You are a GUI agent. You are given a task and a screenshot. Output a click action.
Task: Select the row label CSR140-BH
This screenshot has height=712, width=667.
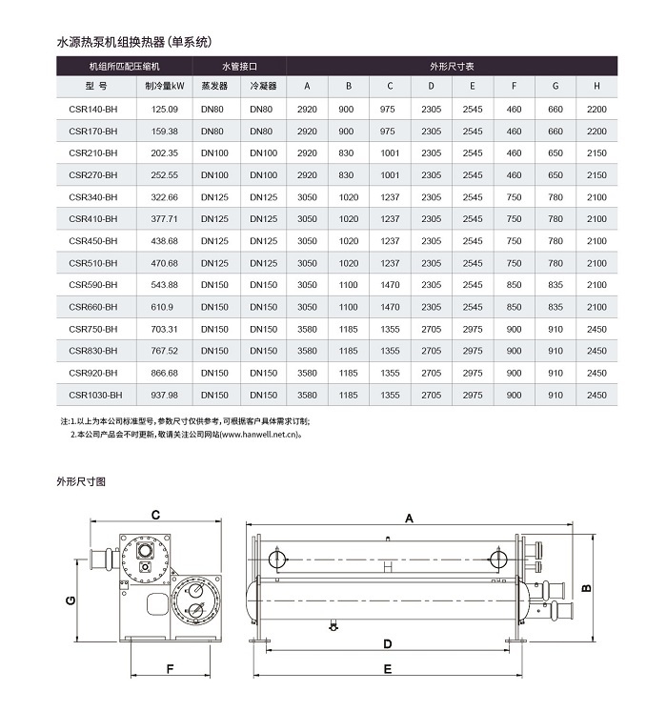point(93,110)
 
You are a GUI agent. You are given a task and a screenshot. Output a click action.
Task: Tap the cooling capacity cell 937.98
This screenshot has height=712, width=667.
point(165,395)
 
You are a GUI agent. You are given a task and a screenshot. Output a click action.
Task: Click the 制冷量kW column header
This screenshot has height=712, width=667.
point(165,86)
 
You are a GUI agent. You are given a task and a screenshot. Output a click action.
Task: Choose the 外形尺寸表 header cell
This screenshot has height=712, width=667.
point(452,67)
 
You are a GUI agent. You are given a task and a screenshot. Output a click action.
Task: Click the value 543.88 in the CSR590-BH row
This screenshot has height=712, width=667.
point(165,285)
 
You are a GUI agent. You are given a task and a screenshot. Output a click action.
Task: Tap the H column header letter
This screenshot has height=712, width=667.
point(596,86)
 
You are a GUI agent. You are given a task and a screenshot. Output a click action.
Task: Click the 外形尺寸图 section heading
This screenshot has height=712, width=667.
point(82,481)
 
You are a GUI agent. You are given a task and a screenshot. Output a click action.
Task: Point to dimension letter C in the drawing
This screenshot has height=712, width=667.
point(154,515)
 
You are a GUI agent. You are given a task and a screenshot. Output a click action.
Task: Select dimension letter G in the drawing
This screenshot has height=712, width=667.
point(70,600)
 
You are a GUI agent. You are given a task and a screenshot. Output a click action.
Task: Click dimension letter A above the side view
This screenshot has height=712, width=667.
point(409,518)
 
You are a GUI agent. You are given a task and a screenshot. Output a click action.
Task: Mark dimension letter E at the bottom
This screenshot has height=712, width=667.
point(388,669)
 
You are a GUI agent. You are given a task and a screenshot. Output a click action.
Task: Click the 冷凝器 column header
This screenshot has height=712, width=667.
point(263,86)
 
